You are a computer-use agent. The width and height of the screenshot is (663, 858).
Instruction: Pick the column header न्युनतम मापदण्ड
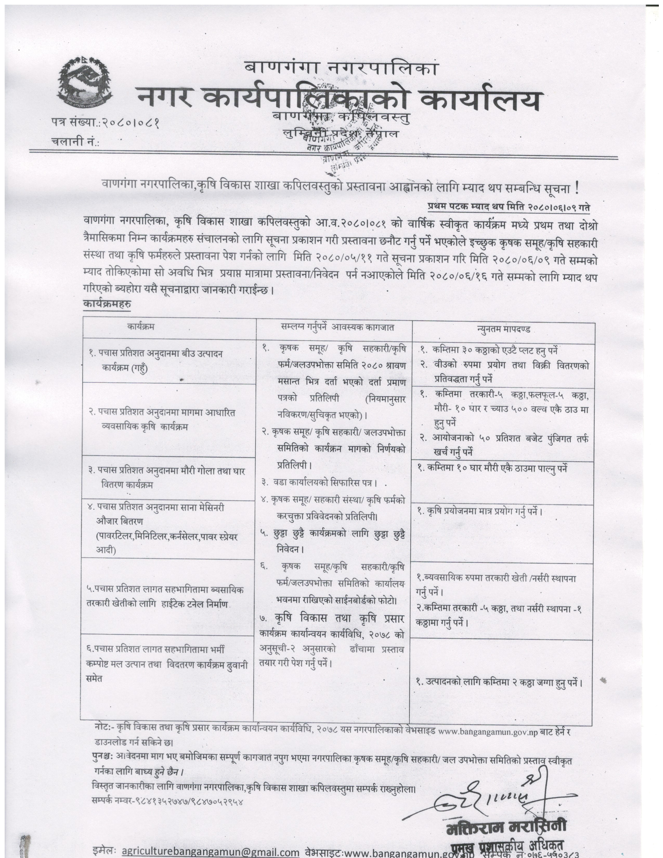(503, 329)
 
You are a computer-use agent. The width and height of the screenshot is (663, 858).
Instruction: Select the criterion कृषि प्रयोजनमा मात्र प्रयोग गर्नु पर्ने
(480, 511)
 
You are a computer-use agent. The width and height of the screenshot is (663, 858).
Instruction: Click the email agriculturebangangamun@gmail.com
(211, 851)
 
